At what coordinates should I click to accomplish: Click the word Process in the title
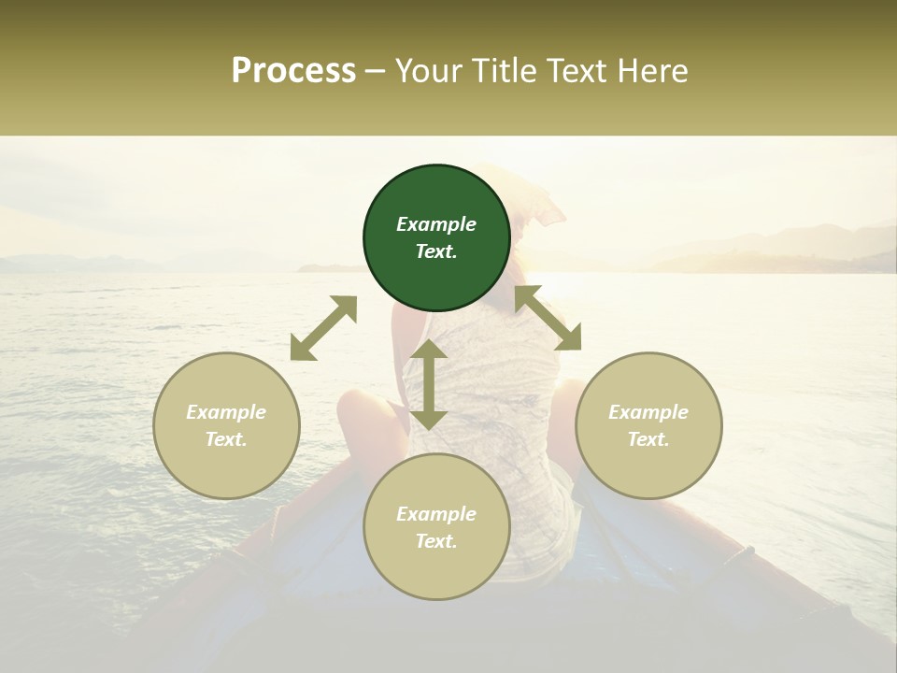pyautogui.click(x=293, y=71)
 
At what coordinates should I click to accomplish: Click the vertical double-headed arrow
pyautogui.click(x=429, y=384)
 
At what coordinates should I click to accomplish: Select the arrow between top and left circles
pyautogui.click(x=323, y=328)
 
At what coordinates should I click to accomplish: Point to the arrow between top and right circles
pyautogui.click(x=548, y=319)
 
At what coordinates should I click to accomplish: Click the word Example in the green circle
pyautogui.click(x=436, y=224)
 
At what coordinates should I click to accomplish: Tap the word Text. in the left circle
pyautogui.click(x=226, y=439)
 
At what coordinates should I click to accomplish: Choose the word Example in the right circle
pyautogui.click(x=648, y=412)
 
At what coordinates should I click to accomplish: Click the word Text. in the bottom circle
pyautogui.click(x=436, y=541)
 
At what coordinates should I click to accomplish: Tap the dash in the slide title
pyautogui.click(x=375, y=71)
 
